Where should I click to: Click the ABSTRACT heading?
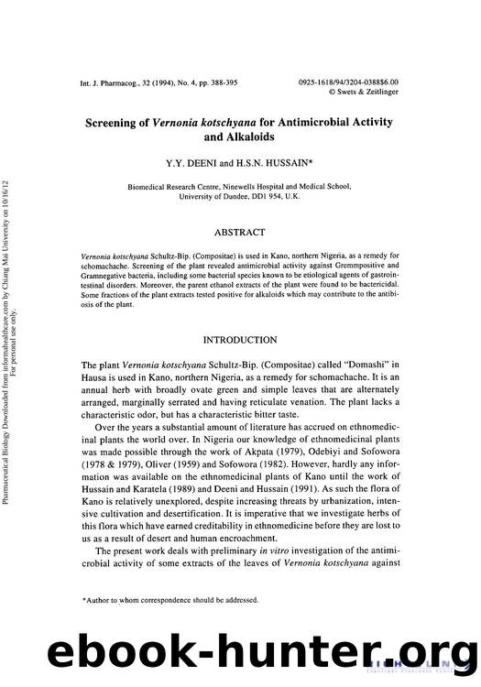(x=239, y=233)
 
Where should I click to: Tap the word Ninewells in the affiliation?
(x=242, y=185)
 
